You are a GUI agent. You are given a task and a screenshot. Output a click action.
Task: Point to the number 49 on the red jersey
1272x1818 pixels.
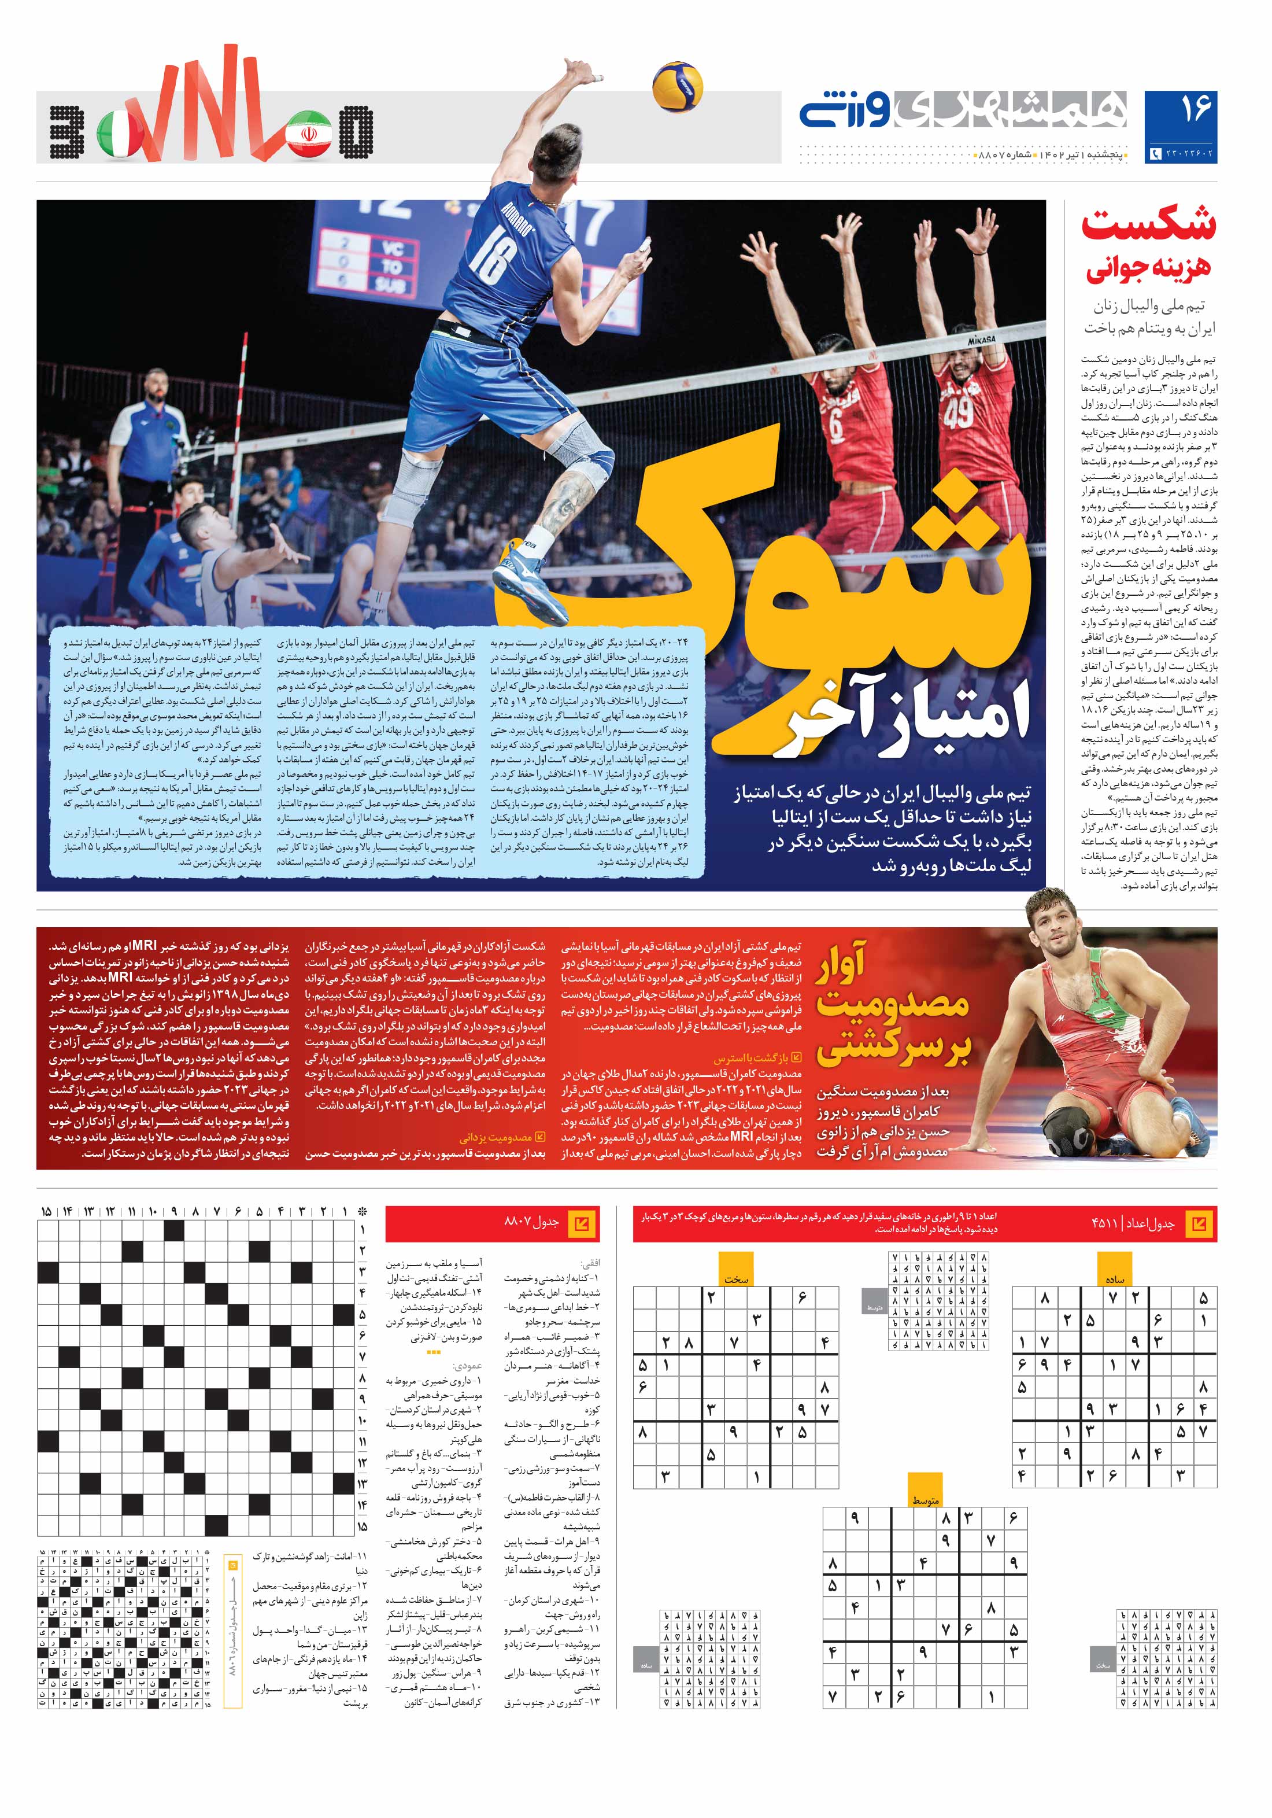coord(958,412)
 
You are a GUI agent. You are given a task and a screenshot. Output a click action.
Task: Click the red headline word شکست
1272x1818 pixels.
coord(1148,226)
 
